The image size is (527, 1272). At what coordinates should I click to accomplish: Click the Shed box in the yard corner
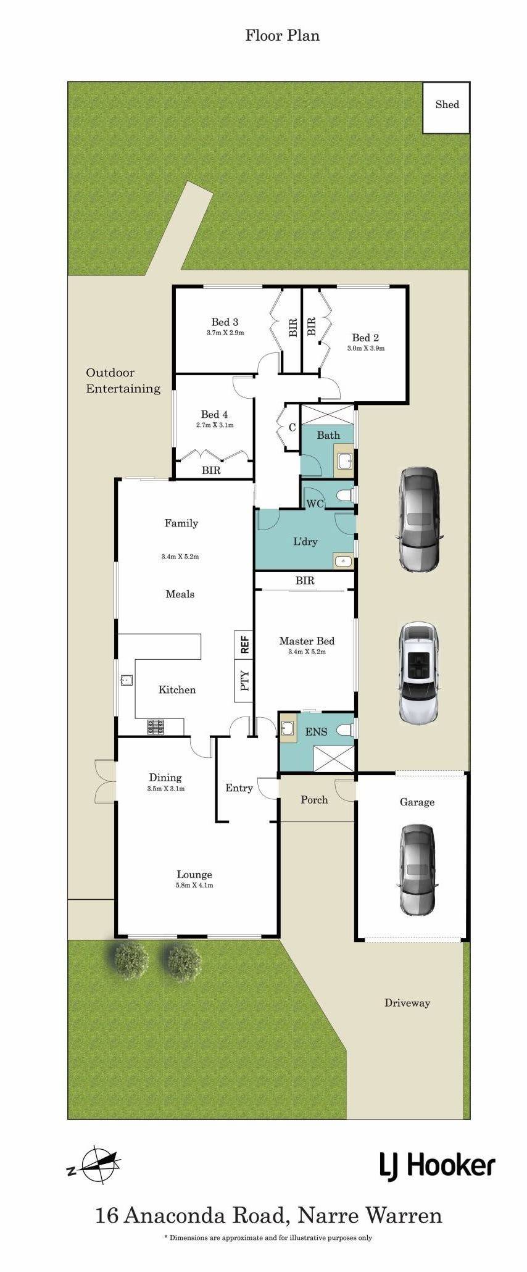click(x=446, y=107)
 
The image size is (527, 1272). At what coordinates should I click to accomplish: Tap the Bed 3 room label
click(x=225, y=322)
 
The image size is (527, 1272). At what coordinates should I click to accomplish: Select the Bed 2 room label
click(x=365, y=338)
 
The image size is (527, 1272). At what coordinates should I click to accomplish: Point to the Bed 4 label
click(x=214, y=414)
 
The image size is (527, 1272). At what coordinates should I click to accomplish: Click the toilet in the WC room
click(x=345, y=495)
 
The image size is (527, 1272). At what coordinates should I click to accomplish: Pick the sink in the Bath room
click(x=344, y=461)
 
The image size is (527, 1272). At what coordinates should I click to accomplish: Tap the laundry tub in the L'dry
click(x=342, y=562)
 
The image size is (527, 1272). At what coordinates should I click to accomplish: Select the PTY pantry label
click(x=245, y=680)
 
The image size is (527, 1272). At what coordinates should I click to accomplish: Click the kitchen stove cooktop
click(x=156, y=727)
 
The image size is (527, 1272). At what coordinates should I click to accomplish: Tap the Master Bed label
click(x=307, y=641)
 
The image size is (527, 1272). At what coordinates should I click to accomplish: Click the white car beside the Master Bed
click(x=419, y=673)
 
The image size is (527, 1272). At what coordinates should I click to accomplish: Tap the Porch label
click(x=314, y=800)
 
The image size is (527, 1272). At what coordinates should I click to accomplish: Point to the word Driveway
click(x=407, y=1003)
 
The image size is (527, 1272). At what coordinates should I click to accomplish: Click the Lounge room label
click(x=194, y=875)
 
